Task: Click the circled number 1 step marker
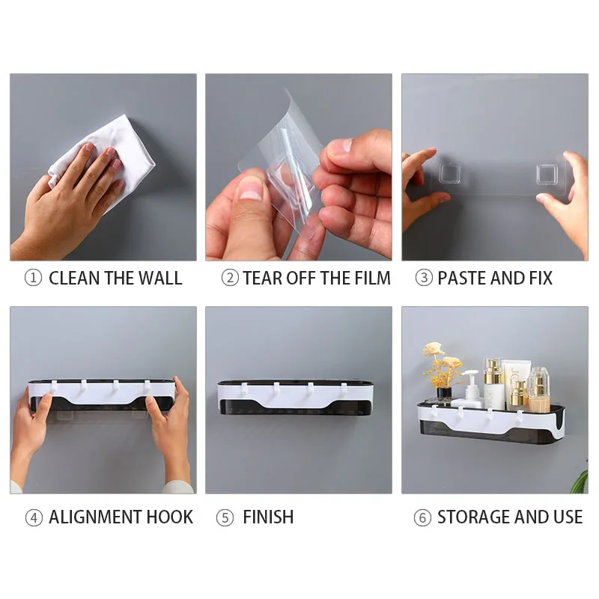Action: pos(33,278)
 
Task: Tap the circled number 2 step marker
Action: pos(230,278)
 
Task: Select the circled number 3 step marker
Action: pos(424,278)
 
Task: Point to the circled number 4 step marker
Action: pos(34,517)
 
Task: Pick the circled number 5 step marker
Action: pos(225,517)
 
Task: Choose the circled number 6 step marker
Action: pos(422,517)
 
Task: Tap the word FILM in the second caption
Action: pos(372,278)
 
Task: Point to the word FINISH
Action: pos(268,517)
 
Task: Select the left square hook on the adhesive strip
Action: pos(449,173)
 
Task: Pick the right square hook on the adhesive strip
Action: pos(547,174)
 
